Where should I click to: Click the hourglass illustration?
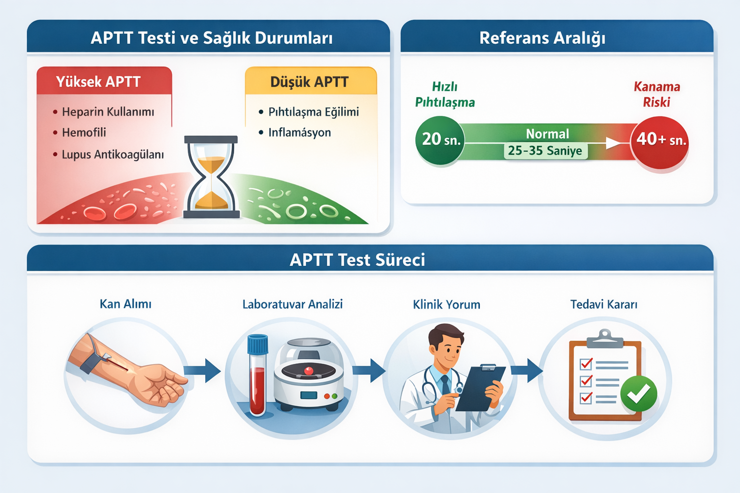click(x=211, y=177)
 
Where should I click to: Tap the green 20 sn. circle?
click(x=439, y=140)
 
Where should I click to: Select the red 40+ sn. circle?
click(x=660, y=142)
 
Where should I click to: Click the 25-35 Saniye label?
click(x=545, y=151)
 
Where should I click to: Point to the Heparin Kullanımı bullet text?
click(x=108, y=112)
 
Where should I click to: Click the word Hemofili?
click(x=84, y=132)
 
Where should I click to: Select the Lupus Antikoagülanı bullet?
click(x=113, y=155)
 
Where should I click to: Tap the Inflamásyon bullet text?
click(x=299, y=132)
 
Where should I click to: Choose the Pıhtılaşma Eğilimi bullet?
click(x=313, y=112)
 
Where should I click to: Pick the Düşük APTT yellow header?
click(x=310, y=81)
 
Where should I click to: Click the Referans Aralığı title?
click(x=542, y=38)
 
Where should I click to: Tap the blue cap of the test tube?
click(x=257, y=344)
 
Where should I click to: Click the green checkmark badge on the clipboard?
click(x=638, y=394)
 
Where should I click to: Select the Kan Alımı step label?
click(x=125, y=304)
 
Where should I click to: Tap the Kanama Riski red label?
click(x=657, y=94)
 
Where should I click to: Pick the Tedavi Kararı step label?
click(x=604, y=304)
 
